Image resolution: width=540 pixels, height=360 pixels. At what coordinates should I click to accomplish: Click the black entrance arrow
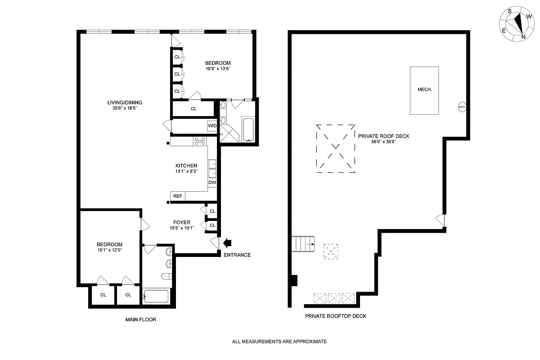coord(228,243)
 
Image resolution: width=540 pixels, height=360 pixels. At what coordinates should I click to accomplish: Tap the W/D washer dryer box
coord(212,126)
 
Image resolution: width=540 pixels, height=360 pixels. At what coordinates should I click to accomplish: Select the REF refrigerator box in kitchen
coord(178,196)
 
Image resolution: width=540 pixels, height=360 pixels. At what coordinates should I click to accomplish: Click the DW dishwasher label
coord(212,183)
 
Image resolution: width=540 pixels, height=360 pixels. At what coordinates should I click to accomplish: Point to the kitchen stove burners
coord(199,141)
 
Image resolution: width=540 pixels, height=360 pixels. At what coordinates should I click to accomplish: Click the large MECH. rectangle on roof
coord(424,90)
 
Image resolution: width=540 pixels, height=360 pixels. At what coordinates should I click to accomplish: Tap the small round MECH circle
coord(462,107)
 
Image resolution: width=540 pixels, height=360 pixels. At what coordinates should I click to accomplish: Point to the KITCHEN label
coord(186,166)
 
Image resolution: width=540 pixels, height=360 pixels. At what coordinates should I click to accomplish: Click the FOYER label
coord(182,222)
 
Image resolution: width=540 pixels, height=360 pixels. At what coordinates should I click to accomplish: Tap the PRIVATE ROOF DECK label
coord(383,136)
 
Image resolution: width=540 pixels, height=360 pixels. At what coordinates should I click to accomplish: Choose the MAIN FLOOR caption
coord(140,319)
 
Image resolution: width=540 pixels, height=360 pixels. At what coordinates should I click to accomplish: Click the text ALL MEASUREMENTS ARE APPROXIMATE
coord(279,342)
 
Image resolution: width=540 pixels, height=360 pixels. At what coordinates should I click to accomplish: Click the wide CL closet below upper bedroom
coord(193,109)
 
